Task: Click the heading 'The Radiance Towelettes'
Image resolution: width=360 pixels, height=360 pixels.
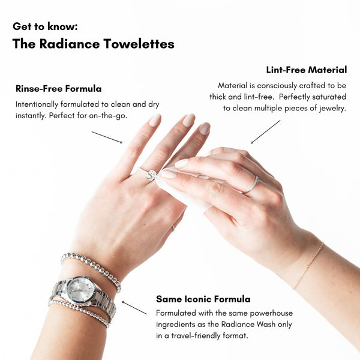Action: click(x=94, y=44)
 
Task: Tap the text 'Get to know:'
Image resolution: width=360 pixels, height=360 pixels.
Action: click(x=45, y=26)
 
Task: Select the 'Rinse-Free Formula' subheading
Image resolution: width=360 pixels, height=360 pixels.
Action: click(x=59, y=89)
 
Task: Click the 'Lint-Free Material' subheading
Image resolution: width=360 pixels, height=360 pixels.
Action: click(x=307, y=70)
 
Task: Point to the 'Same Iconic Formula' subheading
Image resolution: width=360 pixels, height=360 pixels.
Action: click(x=203, y=299)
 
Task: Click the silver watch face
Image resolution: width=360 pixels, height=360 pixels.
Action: click(x=81, y=289)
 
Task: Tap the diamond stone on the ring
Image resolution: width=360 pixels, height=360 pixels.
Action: click(x=151, y=175)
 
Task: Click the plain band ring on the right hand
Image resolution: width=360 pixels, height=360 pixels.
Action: click(x=251, y=185)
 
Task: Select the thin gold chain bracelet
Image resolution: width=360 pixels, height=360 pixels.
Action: click(x=308, y=266)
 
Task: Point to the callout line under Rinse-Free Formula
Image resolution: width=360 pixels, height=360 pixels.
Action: click(x=107, y=137)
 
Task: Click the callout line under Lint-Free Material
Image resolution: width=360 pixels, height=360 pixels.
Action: click(x=266, y=132)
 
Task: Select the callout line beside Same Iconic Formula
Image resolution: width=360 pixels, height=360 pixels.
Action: click(x=134, y=308)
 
